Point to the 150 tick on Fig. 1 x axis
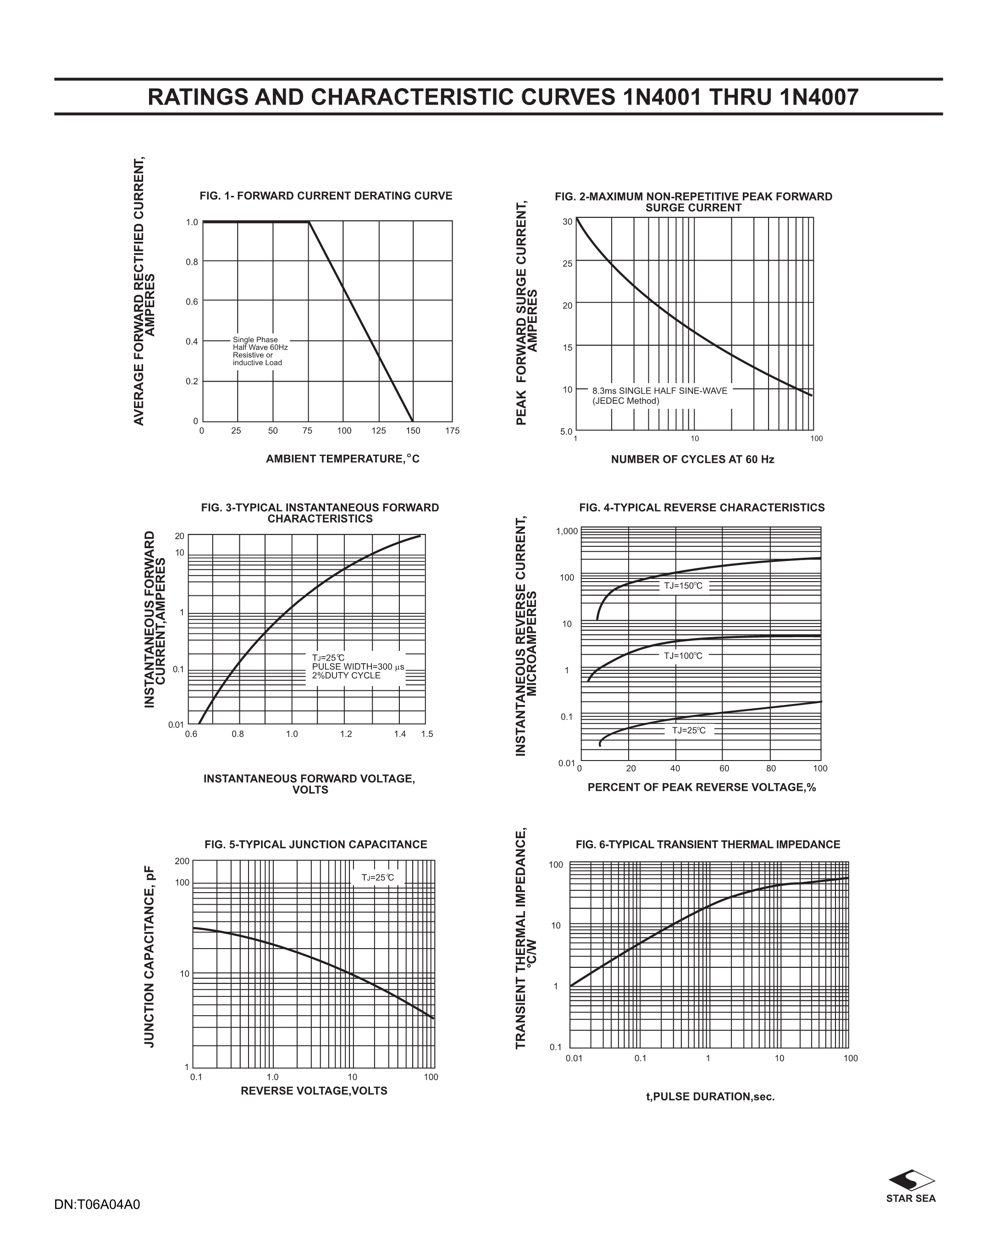(413, 430)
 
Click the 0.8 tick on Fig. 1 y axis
(192, 262)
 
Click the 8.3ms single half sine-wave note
(659, 396)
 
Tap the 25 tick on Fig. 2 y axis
(568, 264)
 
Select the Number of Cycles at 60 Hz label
(692, 459)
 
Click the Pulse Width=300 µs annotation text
(358, 667)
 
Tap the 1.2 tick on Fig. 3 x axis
(346, 734)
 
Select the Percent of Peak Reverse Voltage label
(702, 787)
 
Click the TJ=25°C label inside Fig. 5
(378, 877)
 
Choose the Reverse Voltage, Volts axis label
(314, 1090)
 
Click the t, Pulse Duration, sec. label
(710, 1096)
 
